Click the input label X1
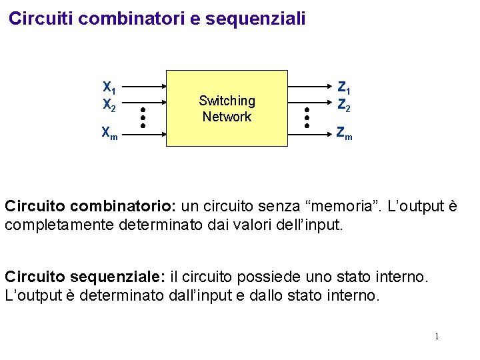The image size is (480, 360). tap(109, 87)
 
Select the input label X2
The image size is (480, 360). tap(109, 105)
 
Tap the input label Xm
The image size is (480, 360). tap(109, 133)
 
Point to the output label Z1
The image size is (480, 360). tap(345, 87)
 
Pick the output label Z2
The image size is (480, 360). tap(345, 105)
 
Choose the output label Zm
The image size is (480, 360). tap(345, 134)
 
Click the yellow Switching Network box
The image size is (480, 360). tap(227, 108)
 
